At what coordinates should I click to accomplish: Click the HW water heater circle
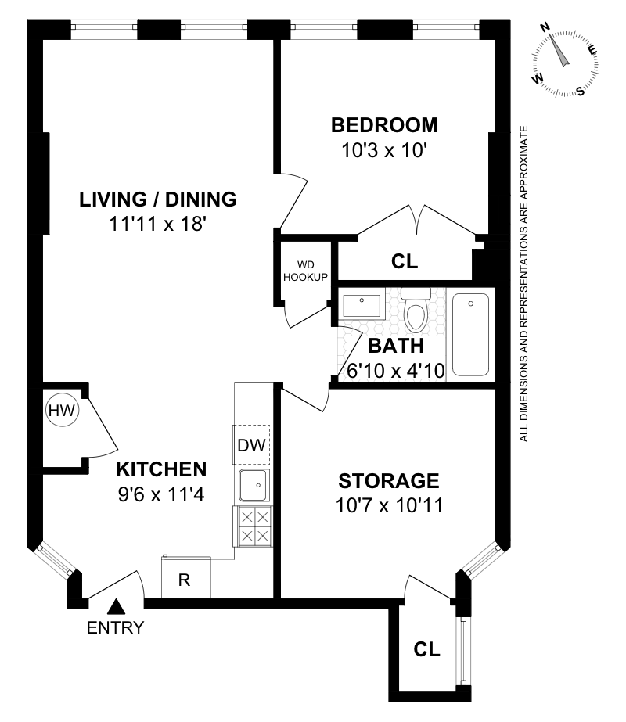(x=63, y=410)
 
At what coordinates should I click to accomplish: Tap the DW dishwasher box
(x=251, y=445)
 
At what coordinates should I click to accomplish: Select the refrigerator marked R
(x=186, y=578)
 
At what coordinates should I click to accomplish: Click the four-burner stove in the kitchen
(x=254, y=526)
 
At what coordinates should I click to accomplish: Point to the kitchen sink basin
(x=253, y=485)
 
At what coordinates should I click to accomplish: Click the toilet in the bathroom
(x=416, y=310)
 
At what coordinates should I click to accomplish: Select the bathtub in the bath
(x=470, y=335)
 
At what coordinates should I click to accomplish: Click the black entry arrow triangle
(x=116, y=606)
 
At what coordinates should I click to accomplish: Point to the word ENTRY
(x=115, y=627)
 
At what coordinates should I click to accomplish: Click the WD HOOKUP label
(x=305, y=271)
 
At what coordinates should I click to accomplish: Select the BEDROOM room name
(x=384, y=125)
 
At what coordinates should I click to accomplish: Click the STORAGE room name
(x=389, y=481)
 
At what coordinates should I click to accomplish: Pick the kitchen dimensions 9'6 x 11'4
(x=161, y=494)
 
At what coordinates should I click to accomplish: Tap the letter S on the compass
(x=581, y=92)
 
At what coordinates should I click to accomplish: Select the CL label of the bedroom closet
(x=405, y=261)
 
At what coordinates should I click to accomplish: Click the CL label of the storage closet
(x=426, y=649)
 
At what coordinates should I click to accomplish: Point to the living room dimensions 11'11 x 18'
(x=157, y=225)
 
